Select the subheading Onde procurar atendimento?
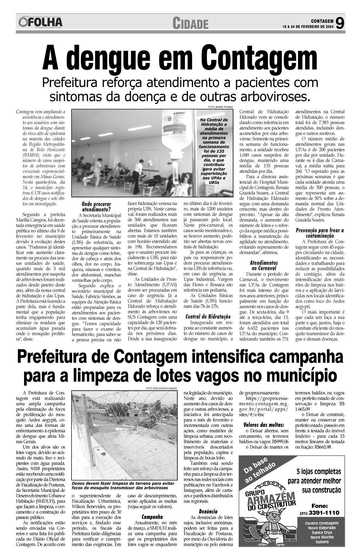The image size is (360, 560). (x=96, y=207)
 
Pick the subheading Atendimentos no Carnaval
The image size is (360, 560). (x=263, y=265)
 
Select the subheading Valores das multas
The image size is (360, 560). (x=263, y=425)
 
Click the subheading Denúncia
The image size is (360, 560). (x=208, y=512)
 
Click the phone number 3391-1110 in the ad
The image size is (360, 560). (x=324, y=513)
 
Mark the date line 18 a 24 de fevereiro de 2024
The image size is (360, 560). (x=308, y=26)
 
